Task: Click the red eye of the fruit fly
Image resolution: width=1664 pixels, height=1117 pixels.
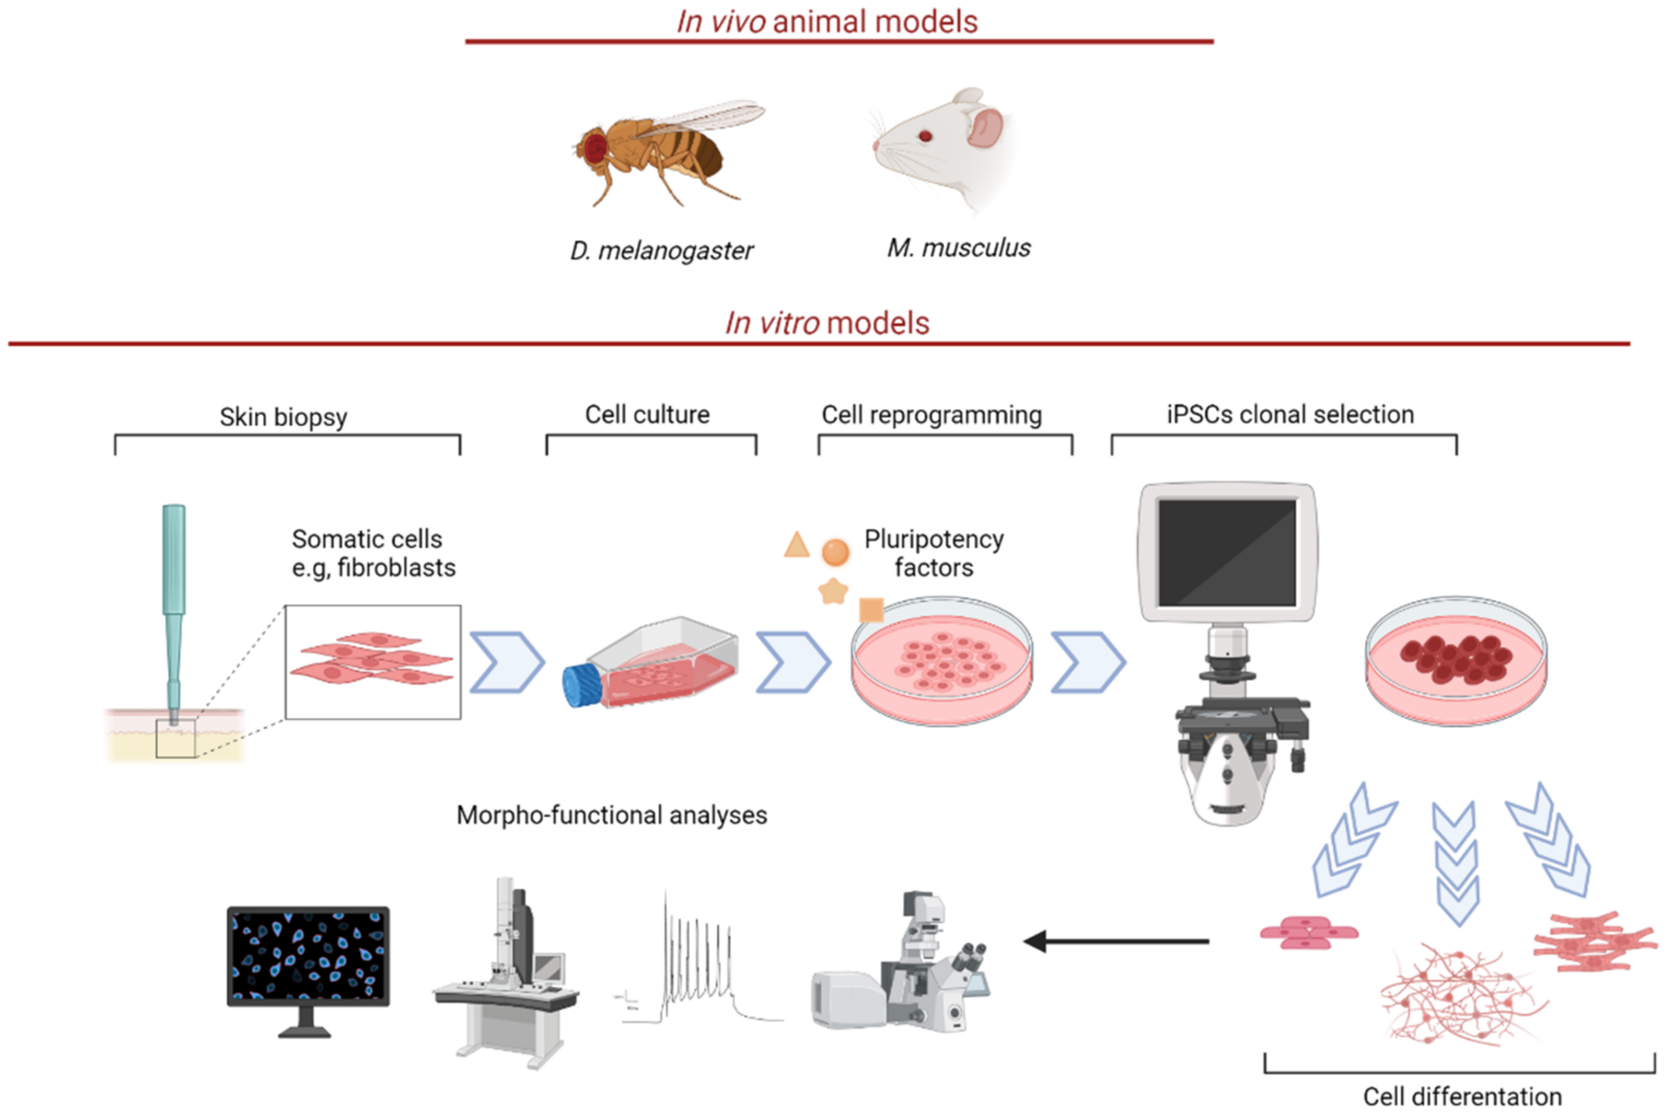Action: (x=594, y=148)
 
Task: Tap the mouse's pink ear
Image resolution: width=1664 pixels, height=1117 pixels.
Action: (x=985, y=127)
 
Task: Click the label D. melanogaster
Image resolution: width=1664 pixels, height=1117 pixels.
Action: (x=661, y=251)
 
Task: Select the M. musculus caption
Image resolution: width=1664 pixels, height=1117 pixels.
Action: (x=958, y=248)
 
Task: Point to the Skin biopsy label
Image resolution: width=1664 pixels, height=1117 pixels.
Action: (x=284, y=417)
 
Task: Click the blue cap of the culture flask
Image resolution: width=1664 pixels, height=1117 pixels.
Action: (x=582, y=685)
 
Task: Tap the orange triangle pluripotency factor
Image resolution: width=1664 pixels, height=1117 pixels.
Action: (x=796, y=545)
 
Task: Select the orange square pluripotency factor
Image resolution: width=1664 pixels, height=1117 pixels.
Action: (x=872, y=610)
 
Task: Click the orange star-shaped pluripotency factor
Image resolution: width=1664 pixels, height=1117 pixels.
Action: (x=833, y=590)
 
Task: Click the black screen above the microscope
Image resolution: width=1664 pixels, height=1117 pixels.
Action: (x=1227, y=552)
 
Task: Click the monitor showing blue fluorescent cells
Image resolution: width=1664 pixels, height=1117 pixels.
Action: (x=308, y=955)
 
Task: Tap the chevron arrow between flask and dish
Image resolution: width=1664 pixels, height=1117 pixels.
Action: (x=792, y=662)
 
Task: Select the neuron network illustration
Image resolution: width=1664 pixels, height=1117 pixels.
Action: (x=1460, y=994)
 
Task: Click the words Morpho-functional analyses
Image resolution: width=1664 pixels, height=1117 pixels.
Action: (x=611, y=815)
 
